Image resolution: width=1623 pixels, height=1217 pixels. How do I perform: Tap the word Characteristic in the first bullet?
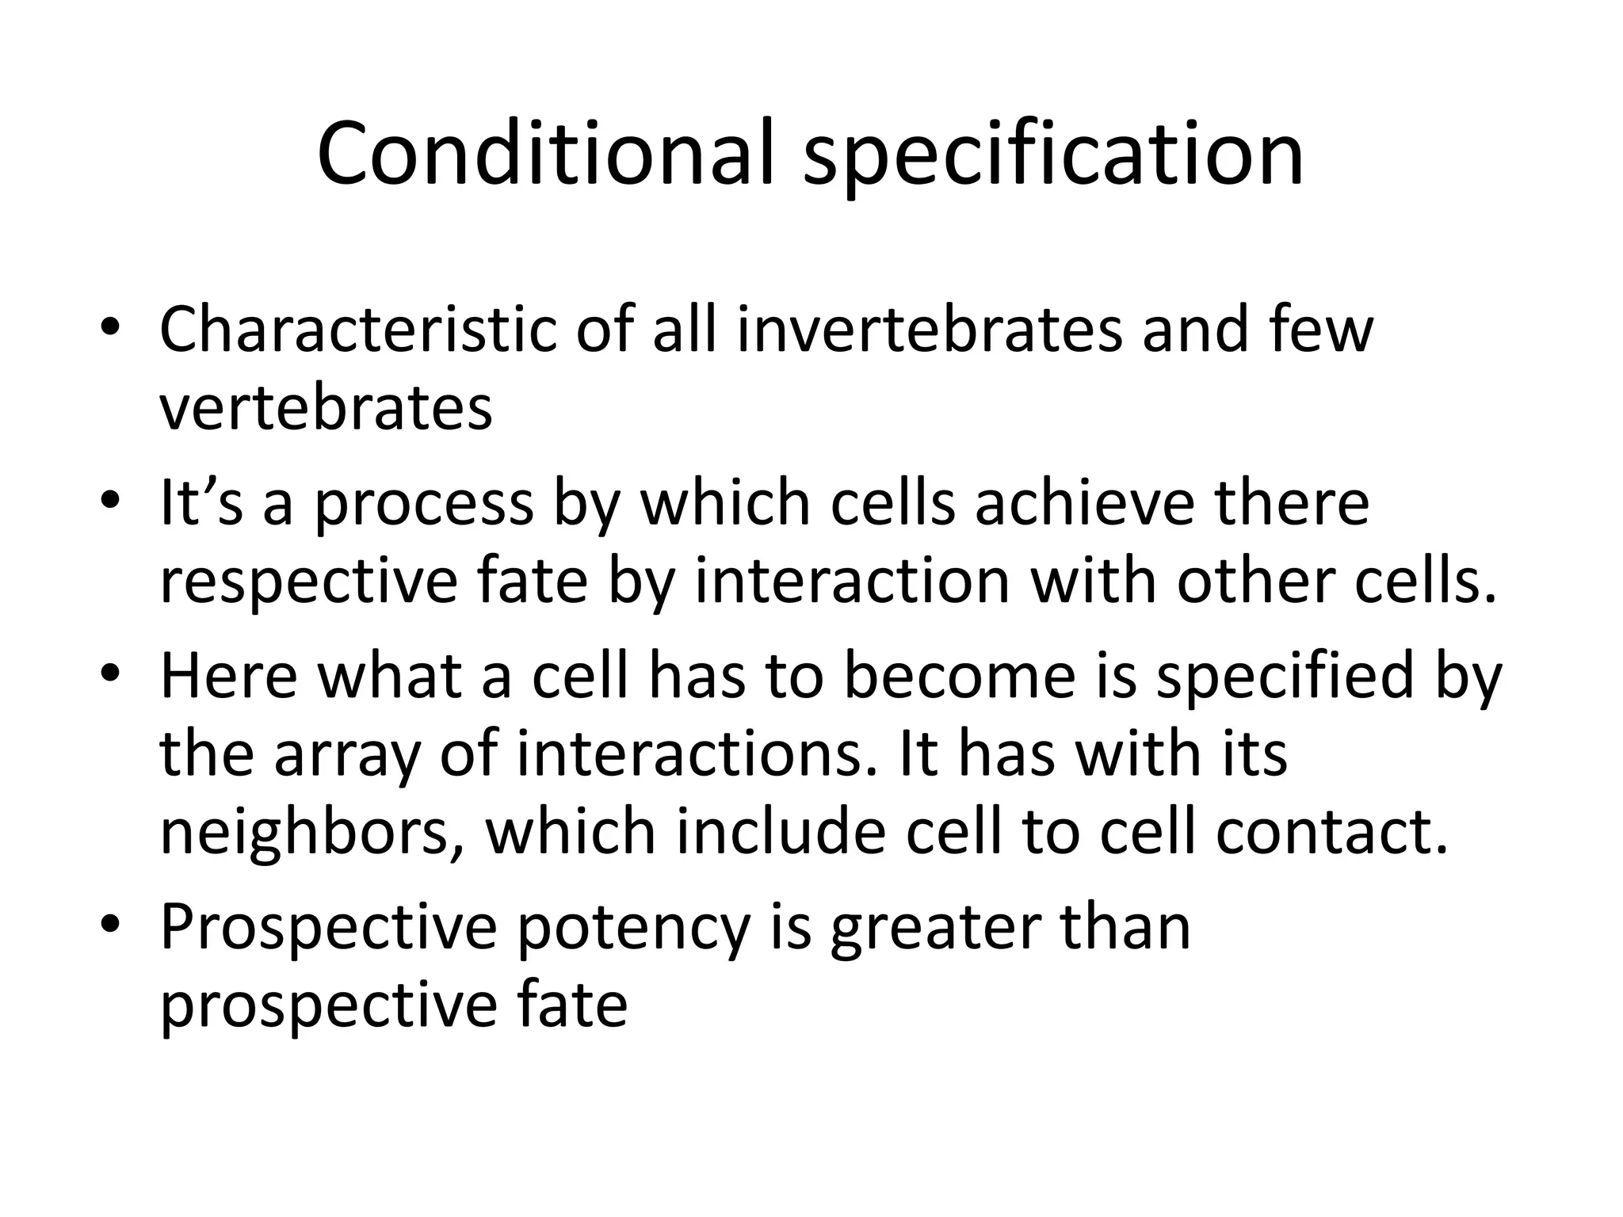tap(357, 330)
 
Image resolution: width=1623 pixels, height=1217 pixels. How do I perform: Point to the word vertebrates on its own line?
tap(326, 407)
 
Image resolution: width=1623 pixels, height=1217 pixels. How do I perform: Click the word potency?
tap(633, 927)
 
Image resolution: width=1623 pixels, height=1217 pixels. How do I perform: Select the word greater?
tap(935, 927)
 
